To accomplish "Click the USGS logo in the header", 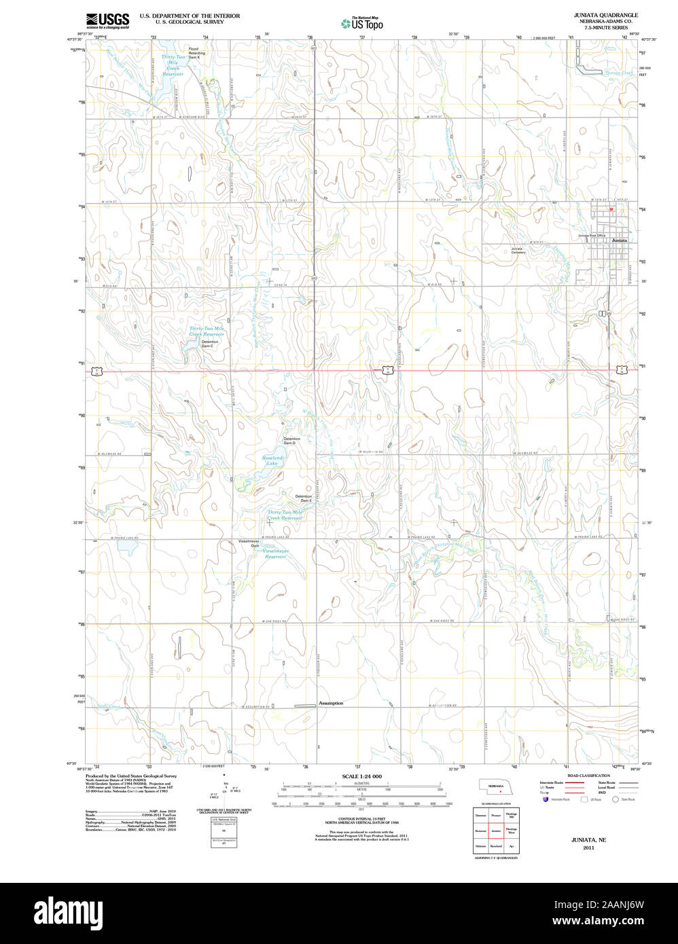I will (x=107, y=20).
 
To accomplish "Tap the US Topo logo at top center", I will (x=362, y=24).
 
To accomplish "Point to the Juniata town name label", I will (x=620, y=240).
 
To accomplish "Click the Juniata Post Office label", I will (x=591, y=236).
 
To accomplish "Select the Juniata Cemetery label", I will (x=518, y=251).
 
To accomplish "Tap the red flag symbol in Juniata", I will (x=611, y=209).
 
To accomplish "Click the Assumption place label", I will (x=331, y=703).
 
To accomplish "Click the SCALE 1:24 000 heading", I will (x=361, y=776).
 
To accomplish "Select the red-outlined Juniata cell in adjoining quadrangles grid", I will (x=496, y=830).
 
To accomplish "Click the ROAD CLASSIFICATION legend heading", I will (x=588, y=776).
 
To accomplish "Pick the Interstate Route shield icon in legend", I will (x=545, y=799).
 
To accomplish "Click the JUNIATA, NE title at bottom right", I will (x=588, y=840).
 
